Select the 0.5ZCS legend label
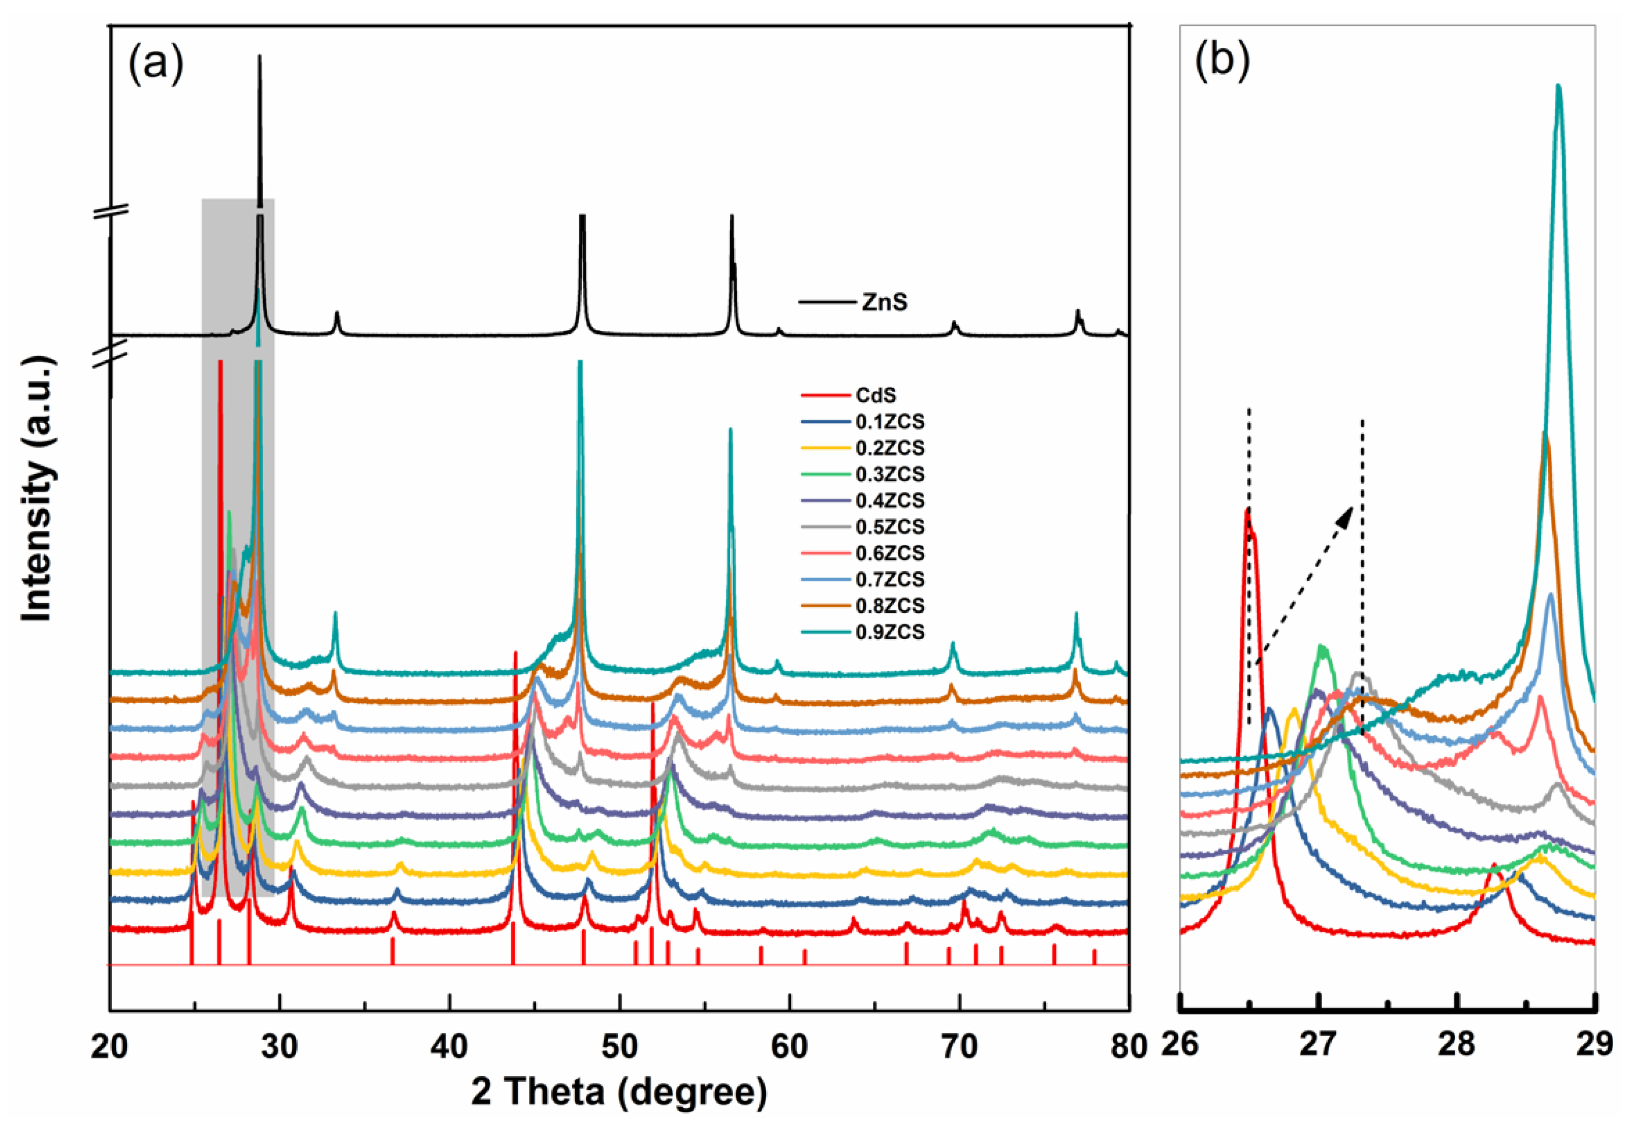pyautogui.click(x=890, y=526)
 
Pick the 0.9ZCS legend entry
pyautogui.click(x=890, y=632)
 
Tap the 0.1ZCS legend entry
pyautogui.click(x=890, y=422)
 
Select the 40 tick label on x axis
pyautogui.click(x=449, y=1047)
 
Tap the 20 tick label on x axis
pyautogui.click(x=109, y=1047)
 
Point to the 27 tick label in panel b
pyautogui.click(x=1318, y=1044)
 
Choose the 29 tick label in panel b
pyautogui.click(x=1594, y=1044)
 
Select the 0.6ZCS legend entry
pyautogui.click(x=890, y=553)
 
